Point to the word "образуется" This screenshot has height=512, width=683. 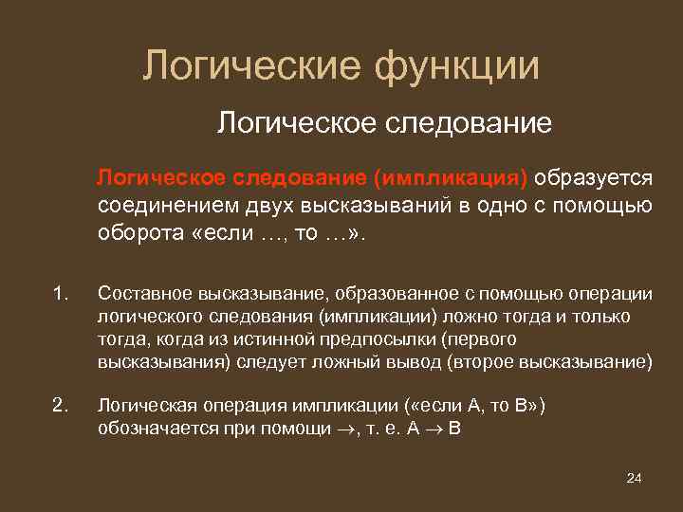(x=594, y=179)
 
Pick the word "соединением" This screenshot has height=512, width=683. (x=161, y=207)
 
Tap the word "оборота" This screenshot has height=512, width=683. (x=139, y=233)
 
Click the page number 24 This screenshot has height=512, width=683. (x=635, y=477)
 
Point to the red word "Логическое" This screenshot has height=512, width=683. (x=160, y=179)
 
